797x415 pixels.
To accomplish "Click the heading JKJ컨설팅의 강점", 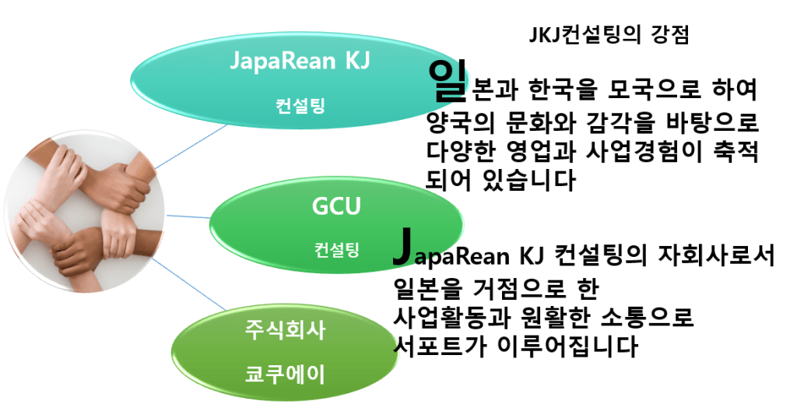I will tap(608, 35).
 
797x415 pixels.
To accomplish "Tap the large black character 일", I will tap(446, 82).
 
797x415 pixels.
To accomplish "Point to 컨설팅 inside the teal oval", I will tap(300, 104).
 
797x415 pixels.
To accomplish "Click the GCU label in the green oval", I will tap(336, 208).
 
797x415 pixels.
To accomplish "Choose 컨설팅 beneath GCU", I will tap(336, 250).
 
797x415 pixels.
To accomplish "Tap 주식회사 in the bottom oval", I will tap(286, 330).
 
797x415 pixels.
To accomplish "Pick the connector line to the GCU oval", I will tap(187, 215).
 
